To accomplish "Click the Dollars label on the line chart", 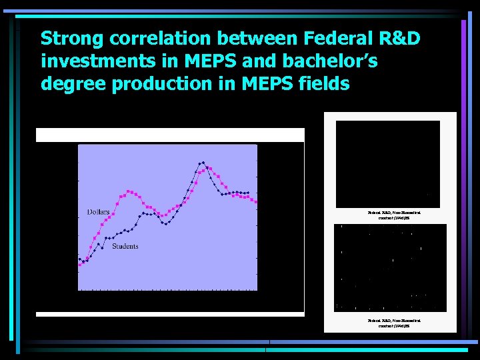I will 98,212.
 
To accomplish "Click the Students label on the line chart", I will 125,247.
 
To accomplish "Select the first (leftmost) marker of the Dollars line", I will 79,265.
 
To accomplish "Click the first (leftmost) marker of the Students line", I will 79,259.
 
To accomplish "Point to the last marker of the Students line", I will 248,193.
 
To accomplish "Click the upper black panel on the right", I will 388,164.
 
